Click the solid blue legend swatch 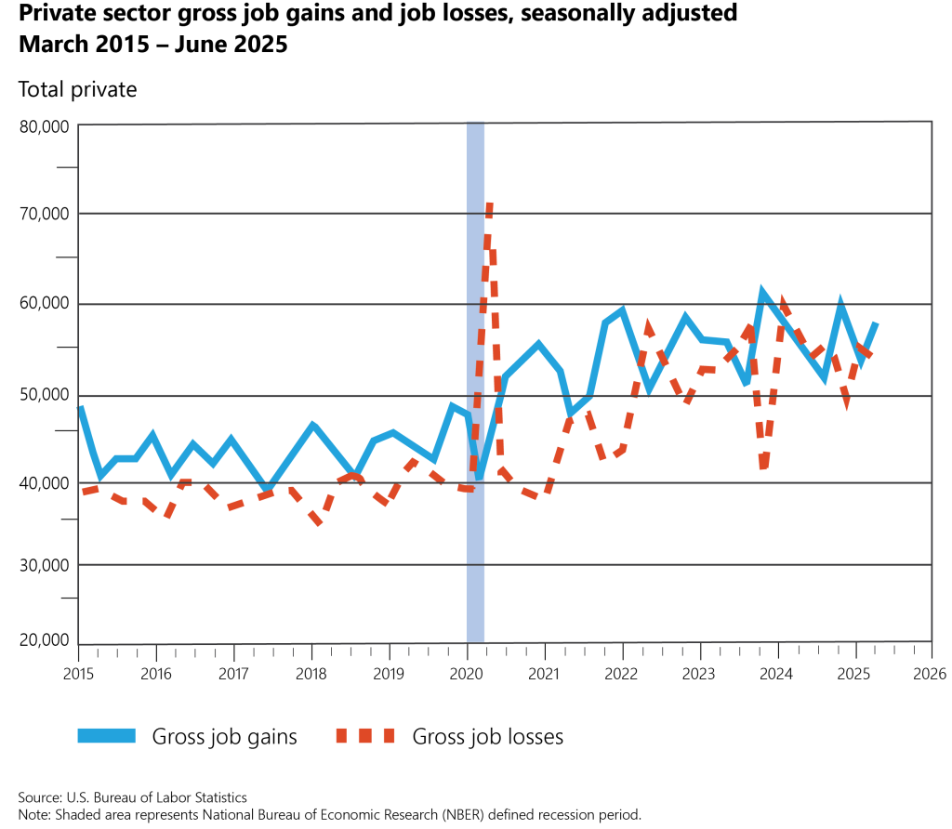pyautogui.click(x=106, y=735)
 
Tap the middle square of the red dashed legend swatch pyautogui.click(x=364, y=735)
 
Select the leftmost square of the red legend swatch pyautogui.click(x=341, y=735)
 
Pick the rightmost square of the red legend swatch pyautogui.click(x=389, y=735)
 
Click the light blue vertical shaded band pyautogui.click(x=475, y=558)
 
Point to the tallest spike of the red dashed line pyautogui.click(x=489, y=206)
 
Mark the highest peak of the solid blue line pyautogui.click(x=760, y=290)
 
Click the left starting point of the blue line pyautogui.click(x=80, y=406)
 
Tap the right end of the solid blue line pyautogui.click(x=875, y=323)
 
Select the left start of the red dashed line pyautogui.click(x=83, y=492)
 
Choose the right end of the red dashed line pyautogui.click(x=870, y=356)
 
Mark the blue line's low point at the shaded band pyautogui.click(x=479, y=476)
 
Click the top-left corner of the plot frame pyautogui.click(x=78, y=124)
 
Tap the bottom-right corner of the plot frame pyautogui.click(x=931, y=641)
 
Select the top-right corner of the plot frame pyautogui.click(x=931, y=122)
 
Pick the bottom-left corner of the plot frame pyautogui.click(x=78, y=643)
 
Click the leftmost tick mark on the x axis pyautogui.click(x=98, y=652)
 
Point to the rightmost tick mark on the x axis pyautogui.click(x=915, y=650)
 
